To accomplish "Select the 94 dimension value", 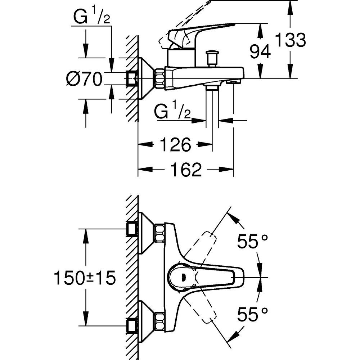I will point(260,52).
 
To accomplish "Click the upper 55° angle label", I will point(252,242).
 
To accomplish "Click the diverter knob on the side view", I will point(211,58).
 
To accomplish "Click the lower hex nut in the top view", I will point(159,319).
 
